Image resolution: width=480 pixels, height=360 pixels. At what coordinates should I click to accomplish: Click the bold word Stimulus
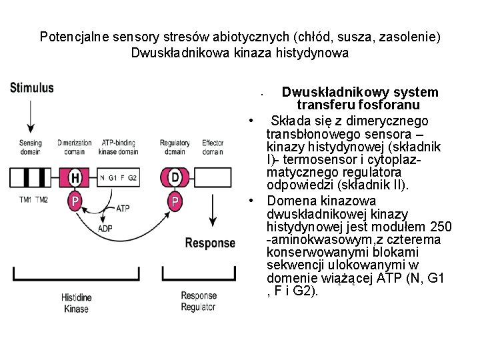coord(32,88)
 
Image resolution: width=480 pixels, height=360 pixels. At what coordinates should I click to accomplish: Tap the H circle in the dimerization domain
coord(76,178)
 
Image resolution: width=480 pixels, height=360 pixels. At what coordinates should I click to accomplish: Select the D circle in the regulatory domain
coord(175,178)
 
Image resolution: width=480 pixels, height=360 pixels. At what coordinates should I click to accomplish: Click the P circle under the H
coord(76,200)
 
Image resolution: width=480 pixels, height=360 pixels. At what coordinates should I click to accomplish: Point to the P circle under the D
coord(175,200)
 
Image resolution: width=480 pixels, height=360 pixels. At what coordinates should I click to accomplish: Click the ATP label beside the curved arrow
coord(123,208)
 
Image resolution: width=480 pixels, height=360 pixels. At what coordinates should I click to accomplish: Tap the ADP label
coord(105,228)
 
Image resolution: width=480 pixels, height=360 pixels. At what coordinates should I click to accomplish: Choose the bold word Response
coord(209,243)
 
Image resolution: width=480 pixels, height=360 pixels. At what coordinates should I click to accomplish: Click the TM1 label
coord(25,200)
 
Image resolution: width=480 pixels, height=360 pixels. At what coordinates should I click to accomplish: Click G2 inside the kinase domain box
coord(132,178)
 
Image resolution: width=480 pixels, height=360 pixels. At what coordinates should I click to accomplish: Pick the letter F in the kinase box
coord(121,178)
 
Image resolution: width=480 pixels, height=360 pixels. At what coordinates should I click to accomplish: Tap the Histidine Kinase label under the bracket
coord(76,302)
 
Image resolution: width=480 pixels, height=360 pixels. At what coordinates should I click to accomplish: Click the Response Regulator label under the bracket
coord(199,301)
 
